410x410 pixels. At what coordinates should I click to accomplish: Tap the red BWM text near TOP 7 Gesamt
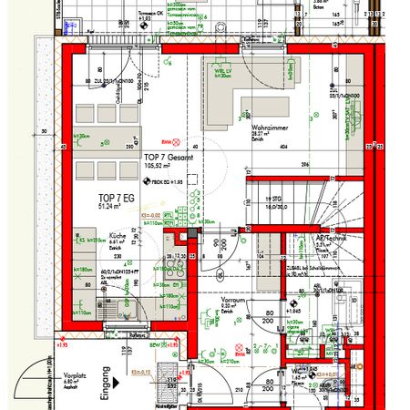(165, 142)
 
